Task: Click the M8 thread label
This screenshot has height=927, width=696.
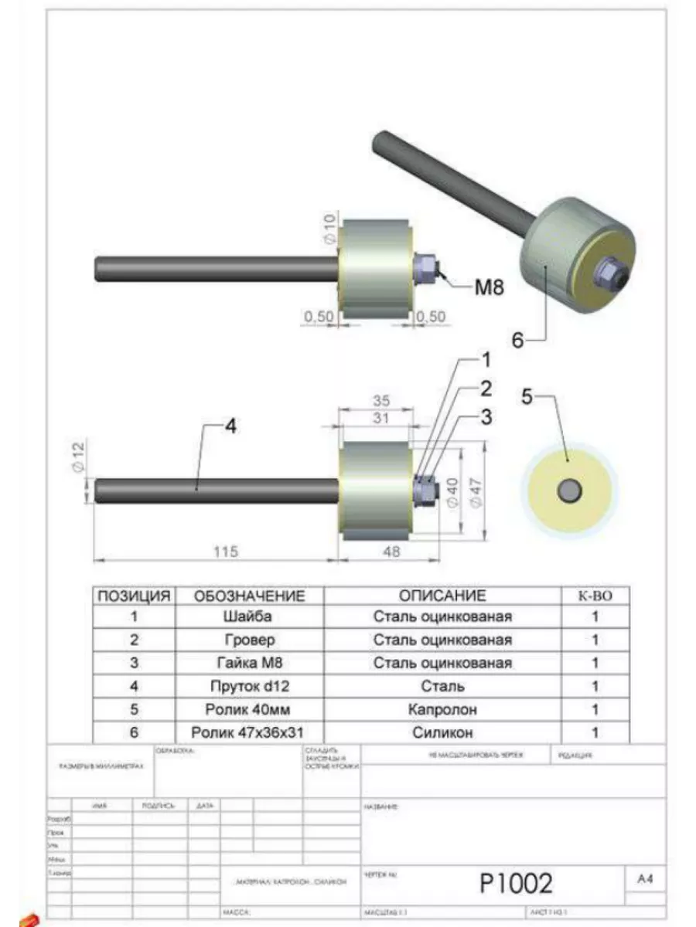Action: point(489,288)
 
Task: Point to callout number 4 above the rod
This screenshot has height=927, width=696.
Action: point(231,426)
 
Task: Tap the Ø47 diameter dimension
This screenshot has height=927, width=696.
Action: point(476,490)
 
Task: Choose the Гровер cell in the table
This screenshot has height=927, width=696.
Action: point(249,640)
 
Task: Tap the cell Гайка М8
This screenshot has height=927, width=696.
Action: point(249,663)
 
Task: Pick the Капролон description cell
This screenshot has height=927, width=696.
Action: point(442,709)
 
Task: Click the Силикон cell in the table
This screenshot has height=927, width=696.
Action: point(442,732)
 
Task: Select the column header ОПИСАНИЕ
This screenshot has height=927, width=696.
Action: point(442,596)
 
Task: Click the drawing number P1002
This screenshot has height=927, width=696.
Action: point(517,881)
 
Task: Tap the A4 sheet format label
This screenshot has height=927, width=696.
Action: point(646,879)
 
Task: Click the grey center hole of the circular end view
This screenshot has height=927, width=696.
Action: point(570,489)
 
